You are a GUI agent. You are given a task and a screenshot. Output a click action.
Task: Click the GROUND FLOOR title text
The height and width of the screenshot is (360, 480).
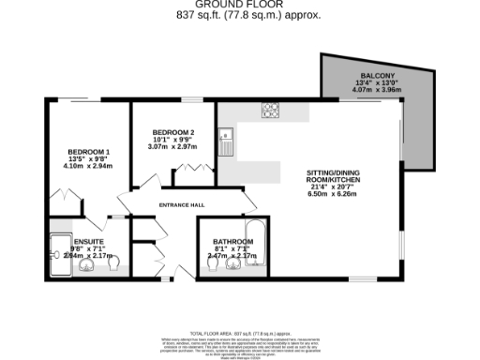click(239, 5)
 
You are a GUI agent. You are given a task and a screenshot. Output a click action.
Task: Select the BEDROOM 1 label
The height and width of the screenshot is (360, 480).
click(88, 152)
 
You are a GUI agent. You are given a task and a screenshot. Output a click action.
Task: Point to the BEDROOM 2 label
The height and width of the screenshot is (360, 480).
click(173, 131)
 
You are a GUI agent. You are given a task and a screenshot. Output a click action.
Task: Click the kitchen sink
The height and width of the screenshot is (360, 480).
click(227, 143)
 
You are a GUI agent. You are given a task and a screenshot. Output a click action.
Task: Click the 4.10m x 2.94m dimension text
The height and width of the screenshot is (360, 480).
click(88, 167)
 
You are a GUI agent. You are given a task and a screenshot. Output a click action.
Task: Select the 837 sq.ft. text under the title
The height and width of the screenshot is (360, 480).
click(205, 16)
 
